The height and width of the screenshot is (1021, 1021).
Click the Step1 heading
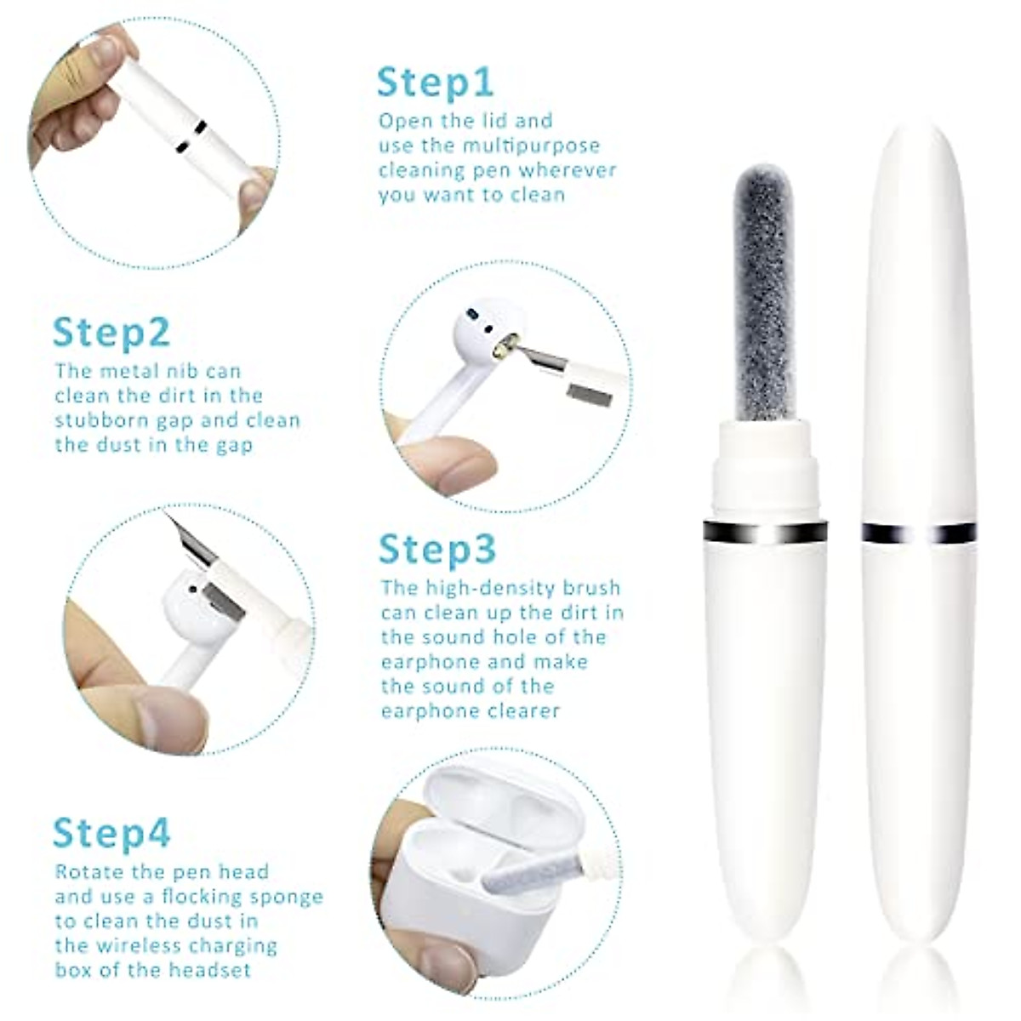435,83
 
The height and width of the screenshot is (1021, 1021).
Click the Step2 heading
111,333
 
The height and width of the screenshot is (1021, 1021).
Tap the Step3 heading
437,550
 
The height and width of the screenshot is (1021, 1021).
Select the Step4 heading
111,833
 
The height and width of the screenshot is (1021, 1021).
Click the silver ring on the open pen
765,533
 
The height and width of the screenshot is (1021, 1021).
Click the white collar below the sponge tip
765,468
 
